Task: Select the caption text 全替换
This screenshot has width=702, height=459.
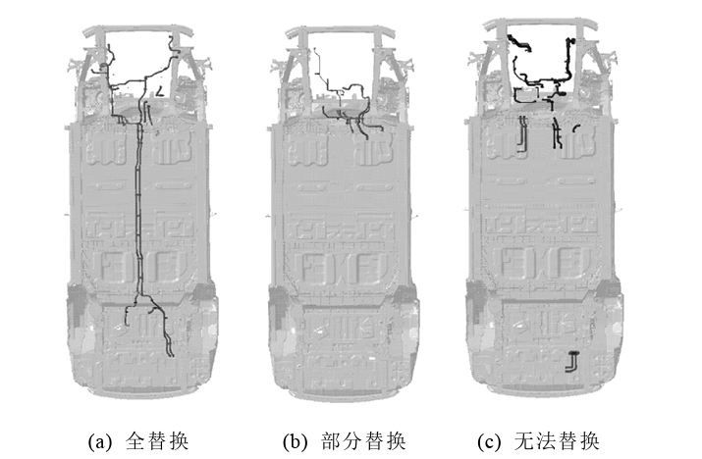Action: pos(157,440)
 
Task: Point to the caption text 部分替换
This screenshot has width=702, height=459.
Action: pos(362,440)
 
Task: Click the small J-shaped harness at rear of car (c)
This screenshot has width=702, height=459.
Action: pos(570,360)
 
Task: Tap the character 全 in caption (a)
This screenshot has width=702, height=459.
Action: pos(135,440)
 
